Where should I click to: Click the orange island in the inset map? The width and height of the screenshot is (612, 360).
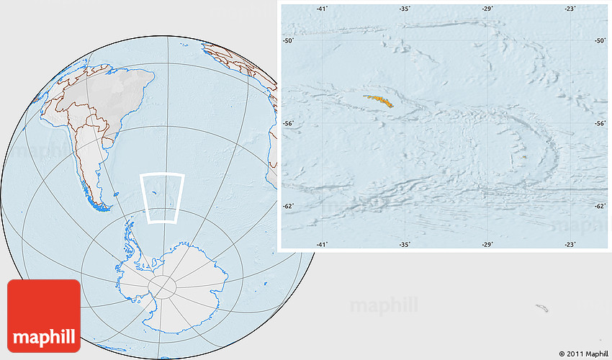(x=379, y=102)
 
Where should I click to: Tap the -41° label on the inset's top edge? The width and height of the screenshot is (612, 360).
(x=322, y=8)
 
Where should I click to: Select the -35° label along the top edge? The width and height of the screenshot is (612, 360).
(x=405, y=8)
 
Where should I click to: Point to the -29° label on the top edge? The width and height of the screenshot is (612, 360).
(x=487, y=8)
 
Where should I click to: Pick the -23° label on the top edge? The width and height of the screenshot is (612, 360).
(x=570, y=8)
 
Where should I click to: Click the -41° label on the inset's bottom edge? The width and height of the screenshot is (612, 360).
(x=322, y=245)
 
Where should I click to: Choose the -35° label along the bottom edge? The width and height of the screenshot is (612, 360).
(x=405, y=245)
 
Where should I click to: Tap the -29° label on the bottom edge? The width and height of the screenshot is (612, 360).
(x=487, y=245)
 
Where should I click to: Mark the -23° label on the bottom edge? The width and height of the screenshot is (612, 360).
(x=570, y=245)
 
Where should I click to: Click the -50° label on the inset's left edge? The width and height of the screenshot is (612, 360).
(x=288, y=41)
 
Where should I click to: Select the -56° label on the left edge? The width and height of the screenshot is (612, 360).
(x=288, y=123)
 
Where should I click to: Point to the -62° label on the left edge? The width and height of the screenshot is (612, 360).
(x=288, y=206)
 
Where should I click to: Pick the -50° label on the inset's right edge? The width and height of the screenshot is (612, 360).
(x=599, y=41)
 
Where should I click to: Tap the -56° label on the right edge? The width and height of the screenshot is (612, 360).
(x=599, y=123)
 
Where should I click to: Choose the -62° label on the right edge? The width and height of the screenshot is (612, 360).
(x=599, y=206)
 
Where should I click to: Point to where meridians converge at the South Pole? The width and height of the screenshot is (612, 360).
(x=162, y=286)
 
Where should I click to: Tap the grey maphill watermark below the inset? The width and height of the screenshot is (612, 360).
(x=384, y=305)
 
